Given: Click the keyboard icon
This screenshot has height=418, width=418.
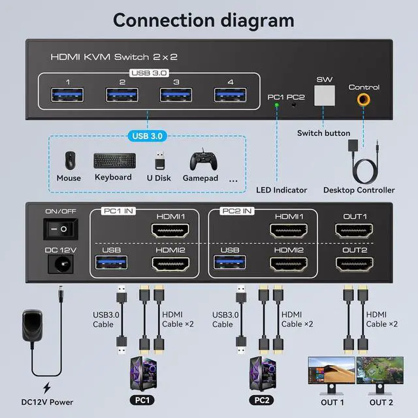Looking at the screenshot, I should coord(114,161).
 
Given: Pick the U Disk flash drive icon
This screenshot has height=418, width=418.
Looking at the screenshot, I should coord(159,161).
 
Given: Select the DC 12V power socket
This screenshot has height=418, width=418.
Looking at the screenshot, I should coord(56,264).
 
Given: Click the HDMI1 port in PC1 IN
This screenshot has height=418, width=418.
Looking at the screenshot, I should coord(170,231).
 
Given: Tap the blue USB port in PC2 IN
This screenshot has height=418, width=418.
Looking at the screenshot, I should coord(230,264).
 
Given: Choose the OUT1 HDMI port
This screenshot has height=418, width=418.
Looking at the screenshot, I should coord(355,231).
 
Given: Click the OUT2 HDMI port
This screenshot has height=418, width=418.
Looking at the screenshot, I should coord(355,264).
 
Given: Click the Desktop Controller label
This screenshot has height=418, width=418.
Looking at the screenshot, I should coord(359,190).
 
